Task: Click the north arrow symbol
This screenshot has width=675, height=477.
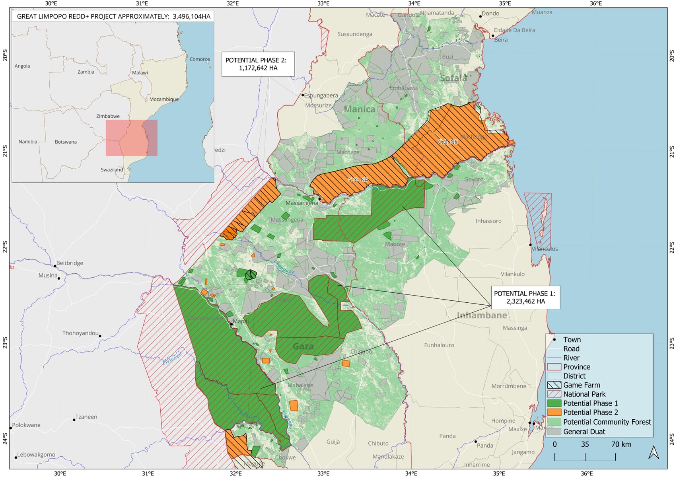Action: [x=654, y=453]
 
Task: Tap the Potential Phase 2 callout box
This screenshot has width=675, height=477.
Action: [x=258, y=64]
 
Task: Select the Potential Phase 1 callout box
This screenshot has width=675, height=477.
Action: [x=525, y=297]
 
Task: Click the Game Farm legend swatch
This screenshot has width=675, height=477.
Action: [x=554, y=385]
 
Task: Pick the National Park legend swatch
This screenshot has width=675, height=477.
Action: [x=554, y=394]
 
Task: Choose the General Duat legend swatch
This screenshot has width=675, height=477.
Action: [x=554, y=432]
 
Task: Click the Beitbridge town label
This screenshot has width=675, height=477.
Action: [x=70, y=263]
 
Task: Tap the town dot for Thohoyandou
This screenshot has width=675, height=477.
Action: [x=100, y=336]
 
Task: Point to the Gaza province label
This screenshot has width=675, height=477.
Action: [x=303, y=347]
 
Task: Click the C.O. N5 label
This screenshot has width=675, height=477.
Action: [x=447, y=142]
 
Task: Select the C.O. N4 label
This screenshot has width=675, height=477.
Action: [x=358, y=180]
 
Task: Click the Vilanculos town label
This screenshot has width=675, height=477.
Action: [x=545, y=249]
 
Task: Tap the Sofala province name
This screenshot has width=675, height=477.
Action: [x=453, y=78]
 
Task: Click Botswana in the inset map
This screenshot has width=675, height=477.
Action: [x=66, y=142]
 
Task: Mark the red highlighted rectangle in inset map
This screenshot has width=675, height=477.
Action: [x=131, y=138]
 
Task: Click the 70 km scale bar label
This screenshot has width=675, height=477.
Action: [x=621, y=444]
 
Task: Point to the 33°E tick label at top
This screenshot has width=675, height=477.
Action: [x=323, y=4]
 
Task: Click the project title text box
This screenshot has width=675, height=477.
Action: [x=113, y=16]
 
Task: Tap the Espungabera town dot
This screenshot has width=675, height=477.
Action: [x=303, y=95]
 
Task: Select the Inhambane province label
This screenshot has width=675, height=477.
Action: [x=482, y=315]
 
